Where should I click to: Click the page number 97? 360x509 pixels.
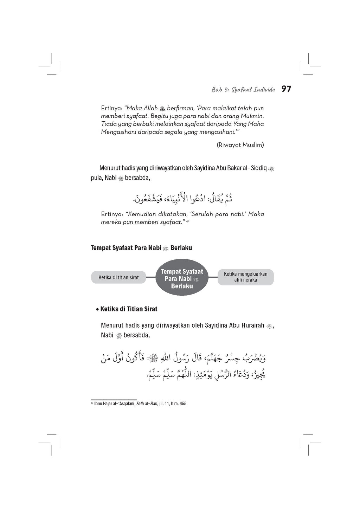pyautogui.click(x=286, y=89)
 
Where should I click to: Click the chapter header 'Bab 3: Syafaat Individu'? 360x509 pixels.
pyautogui.click(x=243, y=90)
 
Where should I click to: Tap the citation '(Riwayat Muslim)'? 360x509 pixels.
pyautogui.click(x=240, y=145)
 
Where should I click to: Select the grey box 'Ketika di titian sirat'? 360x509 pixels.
pyautogui.click(x=118, y=277)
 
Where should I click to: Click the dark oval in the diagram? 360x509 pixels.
pyautogui.click(x=182, y=277)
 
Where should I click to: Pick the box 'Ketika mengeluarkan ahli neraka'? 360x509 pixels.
pyautogui.click(x=245, y=277)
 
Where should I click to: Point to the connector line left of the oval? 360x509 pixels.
pyautogui.click(x=150, y=277)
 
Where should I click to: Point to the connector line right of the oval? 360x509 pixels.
pyautogui.click(x=213, y=277)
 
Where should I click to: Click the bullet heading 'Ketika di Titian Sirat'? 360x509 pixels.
pyautogui.click(x=129, y=309)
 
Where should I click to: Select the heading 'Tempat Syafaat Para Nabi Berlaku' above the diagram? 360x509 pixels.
pyautogui.click(x=141, y=248)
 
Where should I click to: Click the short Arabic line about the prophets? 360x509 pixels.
pyautogui.click(x=182, y=199)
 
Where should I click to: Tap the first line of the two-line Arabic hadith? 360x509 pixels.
pyautogui.click(x=183, y=359)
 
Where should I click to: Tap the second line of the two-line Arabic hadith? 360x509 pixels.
pyautogui.click(x=205, y=374)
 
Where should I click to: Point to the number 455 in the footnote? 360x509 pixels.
pyautogui.click(x=184, y=404)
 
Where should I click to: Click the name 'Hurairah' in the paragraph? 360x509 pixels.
pyautogui.click(x=252, y=326)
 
